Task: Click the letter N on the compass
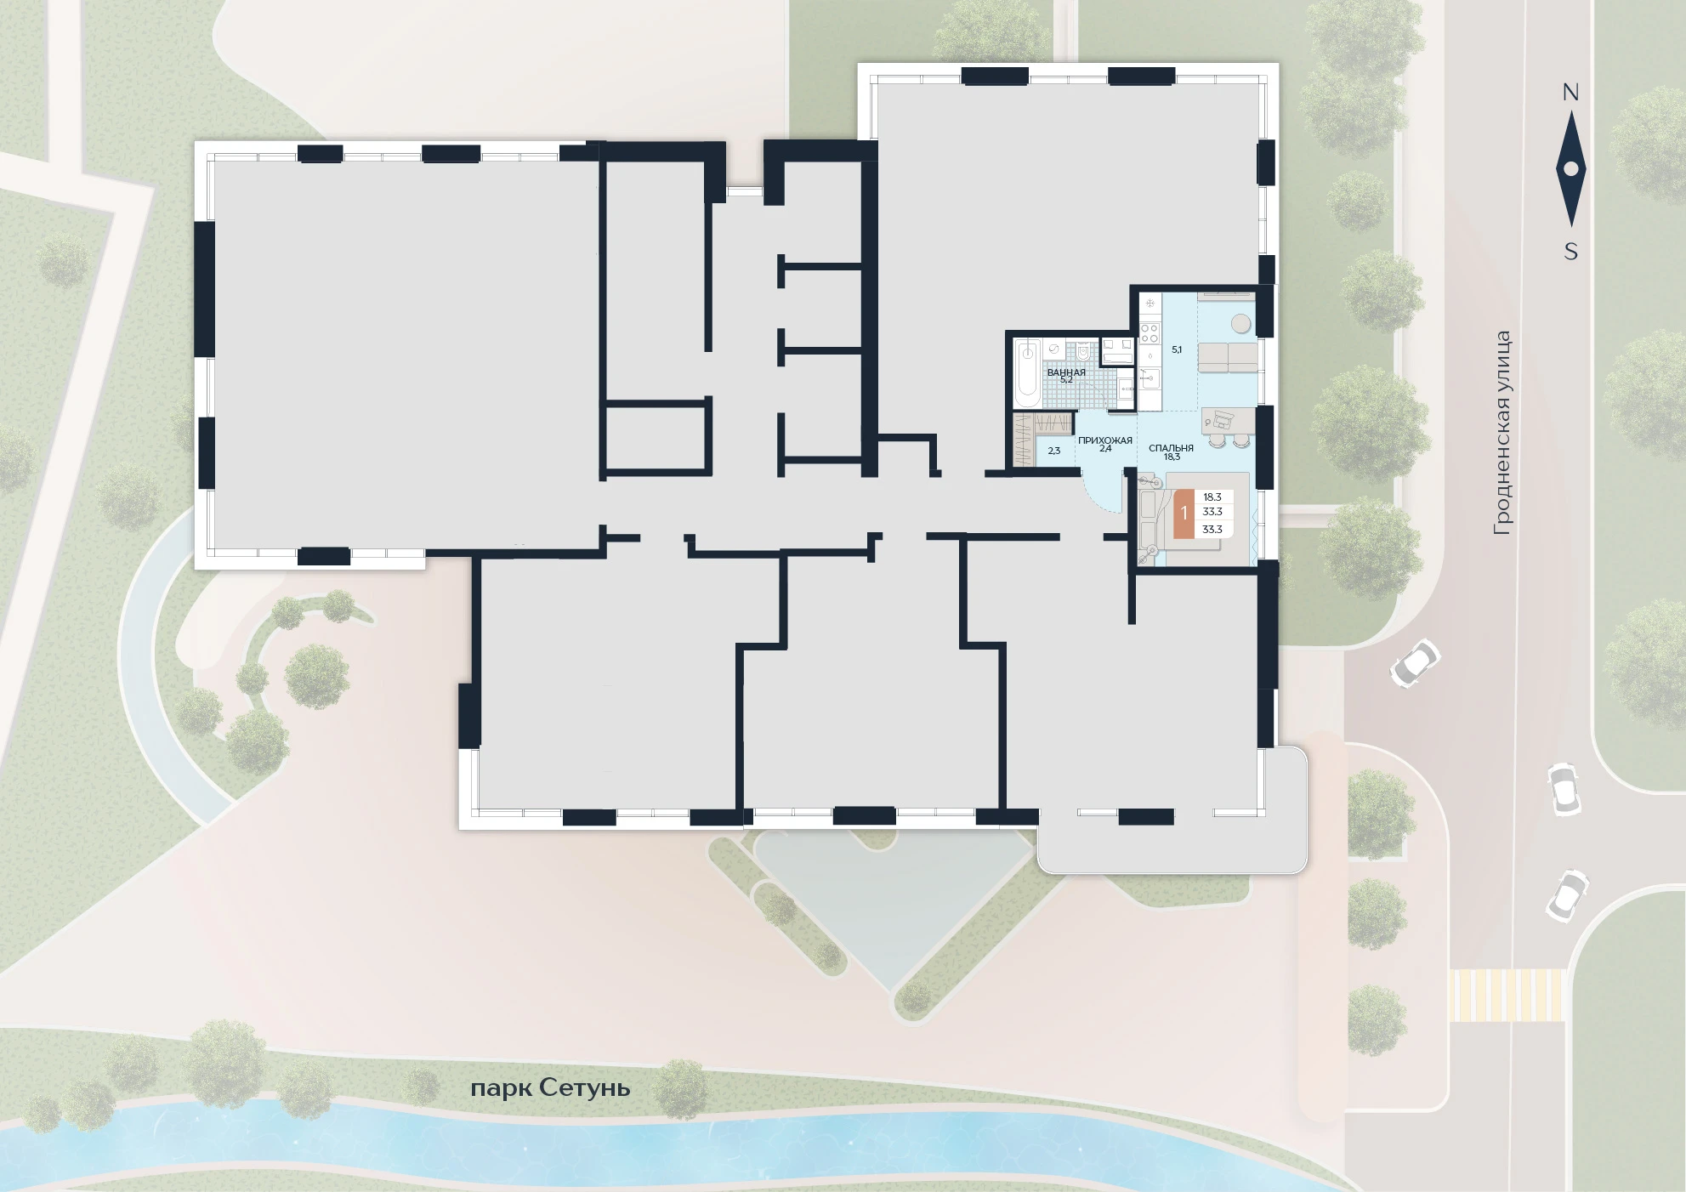1570,92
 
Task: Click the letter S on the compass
1570,252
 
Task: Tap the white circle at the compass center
1570,169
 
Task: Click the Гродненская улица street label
1502,433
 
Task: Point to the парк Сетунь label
550,1088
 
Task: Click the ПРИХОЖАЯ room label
1105,440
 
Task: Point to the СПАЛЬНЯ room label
1171,448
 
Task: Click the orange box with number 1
1184,514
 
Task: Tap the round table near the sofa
1241,323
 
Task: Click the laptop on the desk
1222,418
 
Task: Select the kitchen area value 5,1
1177,349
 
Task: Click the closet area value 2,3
1053,451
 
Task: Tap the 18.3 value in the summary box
1212,497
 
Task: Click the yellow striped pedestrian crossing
1507,996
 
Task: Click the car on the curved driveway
1415,663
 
